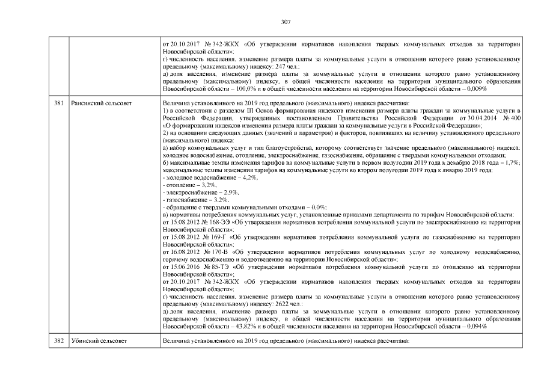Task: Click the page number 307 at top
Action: [286, 22]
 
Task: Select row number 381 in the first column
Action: [59, 103]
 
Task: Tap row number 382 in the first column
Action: [59, 341]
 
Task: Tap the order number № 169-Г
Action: [209, 237]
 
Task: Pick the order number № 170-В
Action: [210, 251]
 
